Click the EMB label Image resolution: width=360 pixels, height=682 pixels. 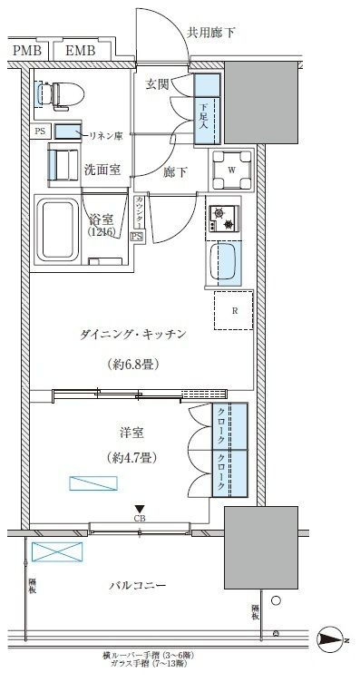[81, 51]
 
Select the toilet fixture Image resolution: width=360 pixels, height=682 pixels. [60, 93]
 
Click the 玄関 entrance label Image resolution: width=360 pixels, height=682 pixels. [159, 84]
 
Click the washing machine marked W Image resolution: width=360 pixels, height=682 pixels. [231, 168]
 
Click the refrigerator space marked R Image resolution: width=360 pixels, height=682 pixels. [234, 311]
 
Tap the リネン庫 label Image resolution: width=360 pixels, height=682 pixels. [107, 135]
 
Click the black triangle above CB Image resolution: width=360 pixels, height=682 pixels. [139, 509]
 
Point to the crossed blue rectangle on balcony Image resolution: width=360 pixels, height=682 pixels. [55, 551]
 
